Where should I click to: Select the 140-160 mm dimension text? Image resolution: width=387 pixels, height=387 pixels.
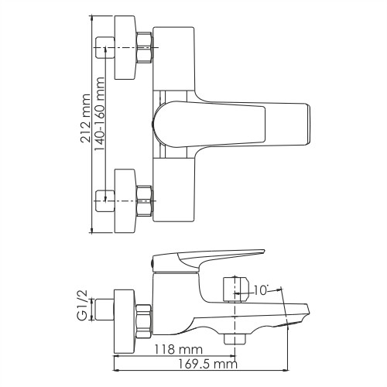tap(100, 128)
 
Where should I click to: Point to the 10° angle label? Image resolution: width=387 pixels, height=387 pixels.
tap(260, 291)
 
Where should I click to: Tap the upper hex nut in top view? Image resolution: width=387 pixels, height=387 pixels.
tap(145, 49)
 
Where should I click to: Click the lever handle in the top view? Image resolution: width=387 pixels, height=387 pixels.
tap(232, 120)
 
